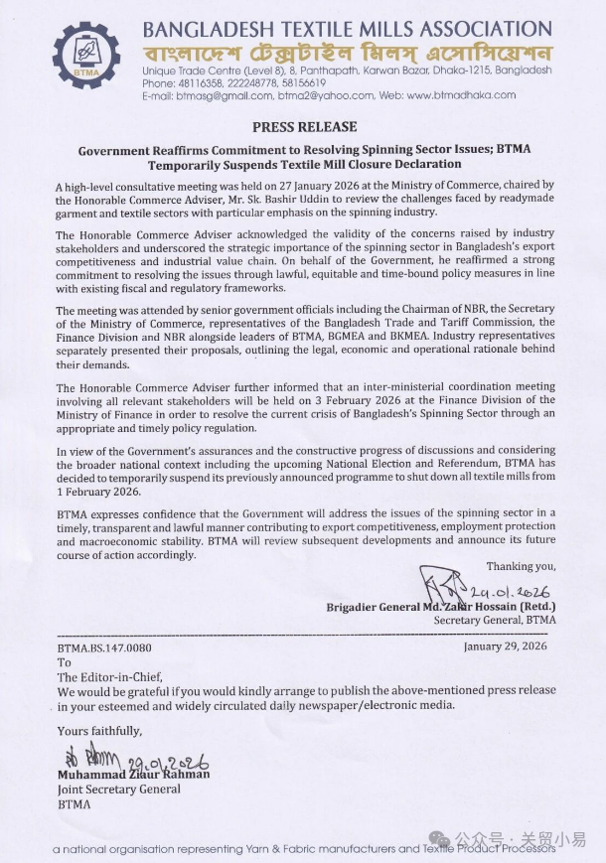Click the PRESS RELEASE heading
pos(304,127)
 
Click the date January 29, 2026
pos(506,646)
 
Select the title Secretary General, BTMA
pos(495,620)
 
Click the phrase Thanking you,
pos(521,566)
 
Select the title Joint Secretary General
pos(119,789)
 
